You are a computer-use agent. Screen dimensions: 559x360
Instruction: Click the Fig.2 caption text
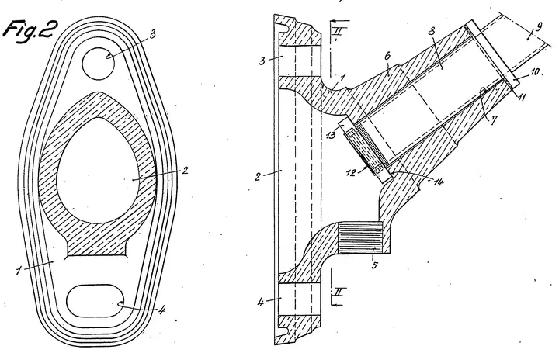coord(30,30)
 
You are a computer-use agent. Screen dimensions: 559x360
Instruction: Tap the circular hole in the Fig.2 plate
coord(99,64)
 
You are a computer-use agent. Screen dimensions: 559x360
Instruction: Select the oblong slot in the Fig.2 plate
coord(95,300)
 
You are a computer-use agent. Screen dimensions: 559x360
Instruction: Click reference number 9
coord(538,27)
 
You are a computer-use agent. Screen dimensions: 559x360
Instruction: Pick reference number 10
coord(535,71)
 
